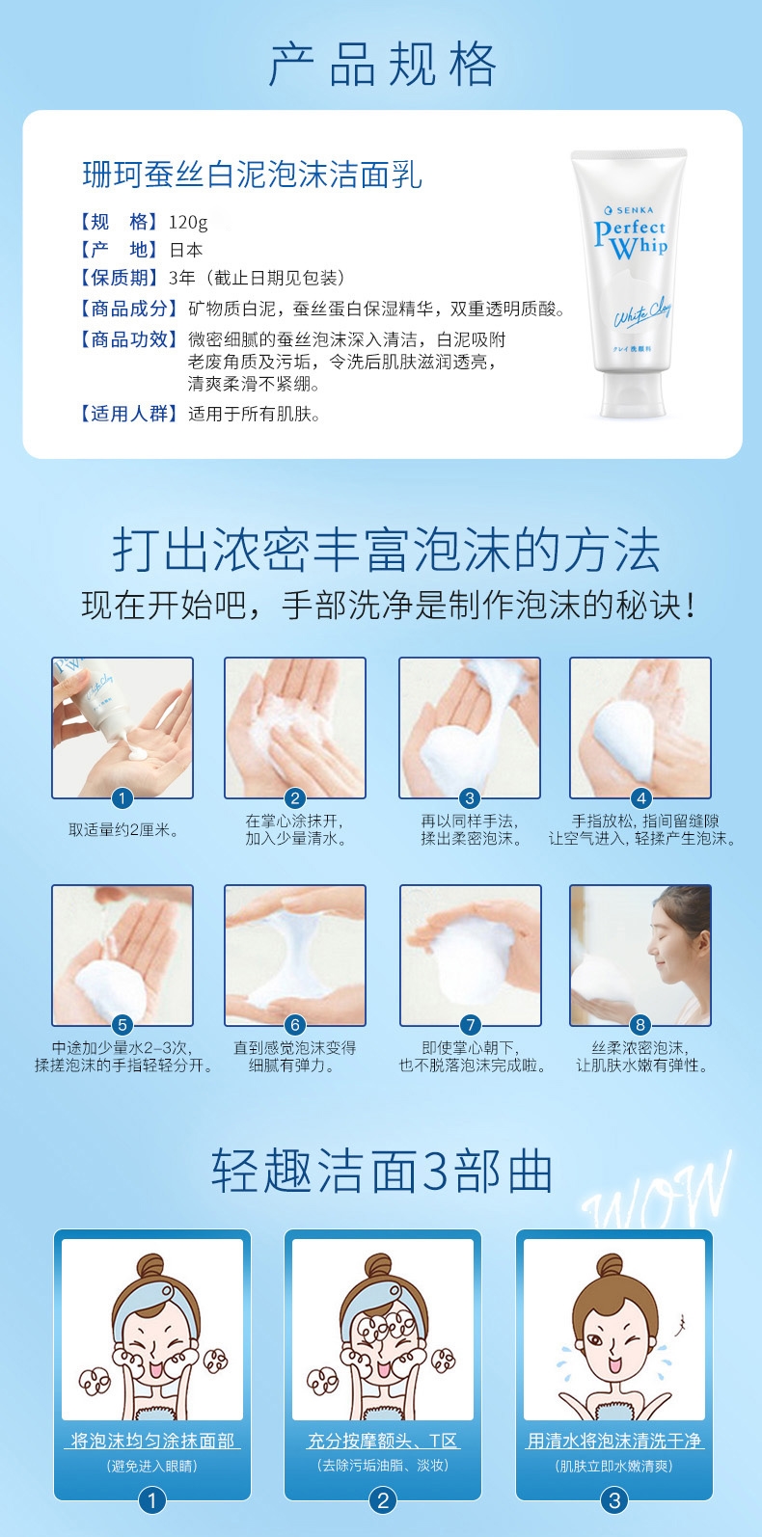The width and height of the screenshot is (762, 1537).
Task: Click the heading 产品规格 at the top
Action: coord(382,65)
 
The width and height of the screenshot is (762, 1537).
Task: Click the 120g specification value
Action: coord(188,222)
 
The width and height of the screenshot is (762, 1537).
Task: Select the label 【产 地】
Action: coord(119,249)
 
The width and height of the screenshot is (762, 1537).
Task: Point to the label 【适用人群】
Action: coord(128,414)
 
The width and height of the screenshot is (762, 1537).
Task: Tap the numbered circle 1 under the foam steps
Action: coord(122,798)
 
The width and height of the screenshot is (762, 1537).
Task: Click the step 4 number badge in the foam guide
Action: coord(641,798)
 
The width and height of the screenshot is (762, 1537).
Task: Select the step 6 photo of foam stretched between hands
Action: coord(295,955)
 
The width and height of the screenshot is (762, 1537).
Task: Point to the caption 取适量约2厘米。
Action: coord(123,829)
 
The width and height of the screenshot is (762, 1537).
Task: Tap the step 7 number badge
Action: coord(471,1025)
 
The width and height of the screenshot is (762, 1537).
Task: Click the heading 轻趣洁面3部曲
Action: coord(382,1171)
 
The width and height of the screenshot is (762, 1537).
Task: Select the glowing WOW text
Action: coord(658,1191)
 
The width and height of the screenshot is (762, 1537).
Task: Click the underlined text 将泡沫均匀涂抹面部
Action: coord(152,1441)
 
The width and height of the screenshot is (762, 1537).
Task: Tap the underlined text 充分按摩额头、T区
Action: coord(382,1441)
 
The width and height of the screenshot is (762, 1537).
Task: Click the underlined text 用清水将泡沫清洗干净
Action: coord(614,1441)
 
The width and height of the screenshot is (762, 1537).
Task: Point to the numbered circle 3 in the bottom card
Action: coord(614,1500)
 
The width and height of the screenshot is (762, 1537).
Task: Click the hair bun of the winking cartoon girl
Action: coord(609,1264)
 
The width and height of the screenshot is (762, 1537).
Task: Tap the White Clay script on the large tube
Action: coord(641,312)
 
